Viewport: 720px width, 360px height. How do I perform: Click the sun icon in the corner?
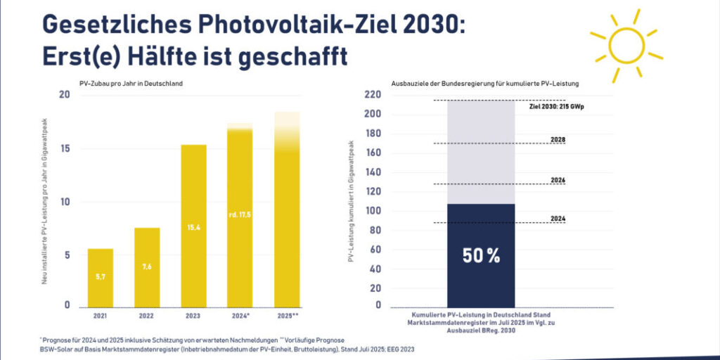click(x=626, y=44)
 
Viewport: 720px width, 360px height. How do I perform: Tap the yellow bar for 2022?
click(x=148, y=267)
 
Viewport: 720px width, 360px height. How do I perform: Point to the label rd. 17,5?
click(x=240, y=214)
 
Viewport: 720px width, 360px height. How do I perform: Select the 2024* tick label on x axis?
click(x=240, y=316)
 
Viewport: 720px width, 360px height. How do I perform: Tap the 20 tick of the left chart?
click(x=65, y=95)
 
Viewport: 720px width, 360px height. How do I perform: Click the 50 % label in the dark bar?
click(x=481, y=256)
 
